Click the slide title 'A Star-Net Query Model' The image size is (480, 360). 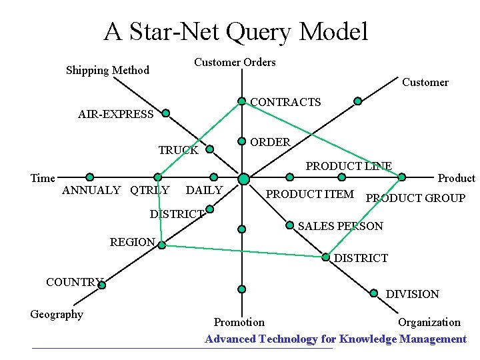click(x=235, y=31)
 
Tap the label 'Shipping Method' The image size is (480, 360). click(x=107, y=71)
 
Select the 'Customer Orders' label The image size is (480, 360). click(x=234, y=63)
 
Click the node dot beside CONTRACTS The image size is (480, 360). click(x=242, y=102)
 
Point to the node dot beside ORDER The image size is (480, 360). click(x=242, y=141)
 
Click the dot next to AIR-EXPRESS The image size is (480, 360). click(x=165, y=113)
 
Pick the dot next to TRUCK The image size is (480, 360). click(x=210, y=149)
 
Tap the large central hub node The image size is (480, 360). click(x=243, y=179)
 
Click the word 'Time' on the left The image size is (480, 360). click(x=43, y=178)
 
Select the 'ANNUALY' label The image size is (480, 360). click(x=91, y=191)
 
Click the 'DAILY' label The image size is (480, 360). click(x=204, y=191)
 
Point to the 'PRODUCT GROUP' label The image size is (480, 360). click(x=415, y=198)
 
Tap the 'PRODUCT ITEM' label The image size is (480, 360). click(x=309, y=194)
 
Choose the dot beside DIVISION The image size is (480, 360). click(x=375, y=291)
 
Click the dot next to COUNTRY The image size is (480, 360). click(x=102, y=285)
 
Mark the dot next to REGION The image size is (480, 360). click(x=161, y=244)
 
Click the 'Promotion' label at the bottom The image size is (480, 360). click(x=239, y=323)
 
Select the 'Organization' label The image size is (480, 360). click(x=429, y=323)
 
